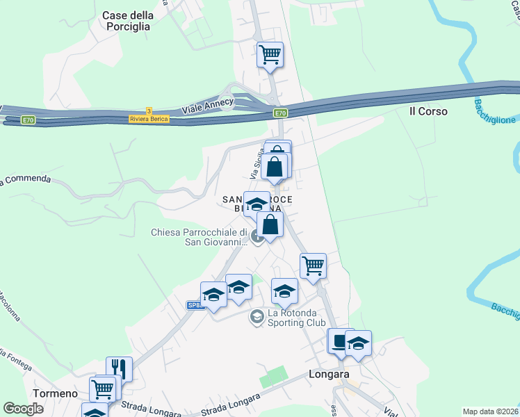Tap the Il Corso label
[x=428, y=111]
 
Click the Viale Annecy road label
[x=207, y=108]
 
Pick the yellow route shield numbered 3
[x=149, y=111]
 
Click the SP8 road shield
[x=195, y=305]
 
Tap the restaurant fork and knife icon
[x=119, y=368]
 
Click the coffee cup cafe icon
[x=340, y=342]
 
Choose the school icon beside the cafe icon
[x=358, y=343]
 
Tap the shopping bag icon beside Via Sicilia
[x=275, y=167]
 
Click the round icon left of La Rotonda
[x=256, y=317]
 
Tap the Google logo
[x=24, y=409]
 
